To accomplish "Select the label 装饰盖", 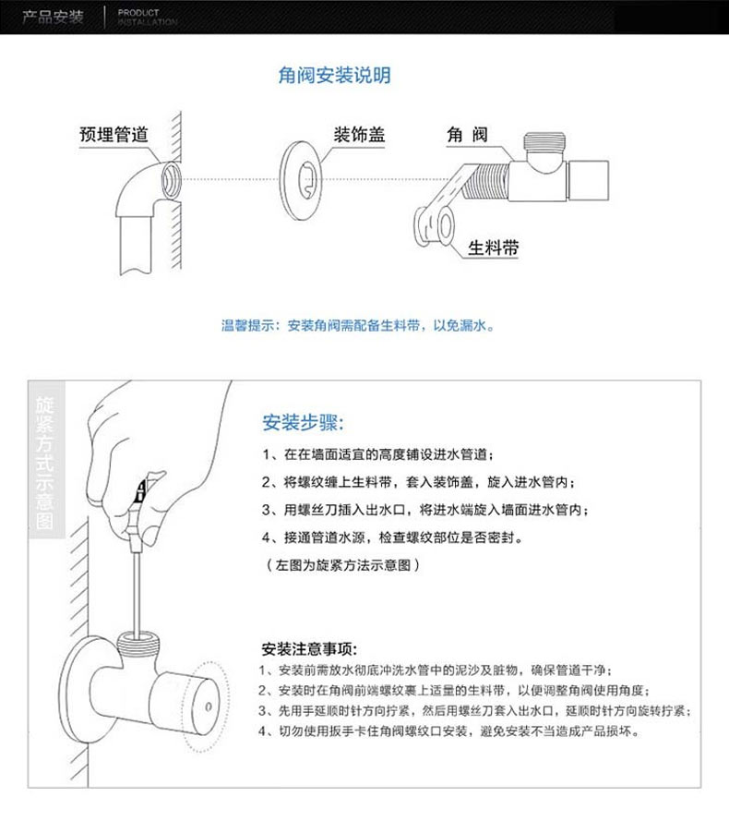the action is click(x=359, y=135).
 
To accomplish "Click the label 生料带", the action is click(x=493, y=248).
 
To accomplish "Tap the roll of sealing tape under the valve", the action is click(x=434, y=224).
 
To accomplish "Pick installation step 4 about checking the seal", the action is click(x=397, y=537).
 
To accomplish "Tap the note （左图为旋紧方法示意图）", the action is click(x=342, y=564).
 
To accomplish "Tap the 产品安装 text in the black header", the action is click(x=53, y=18).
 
